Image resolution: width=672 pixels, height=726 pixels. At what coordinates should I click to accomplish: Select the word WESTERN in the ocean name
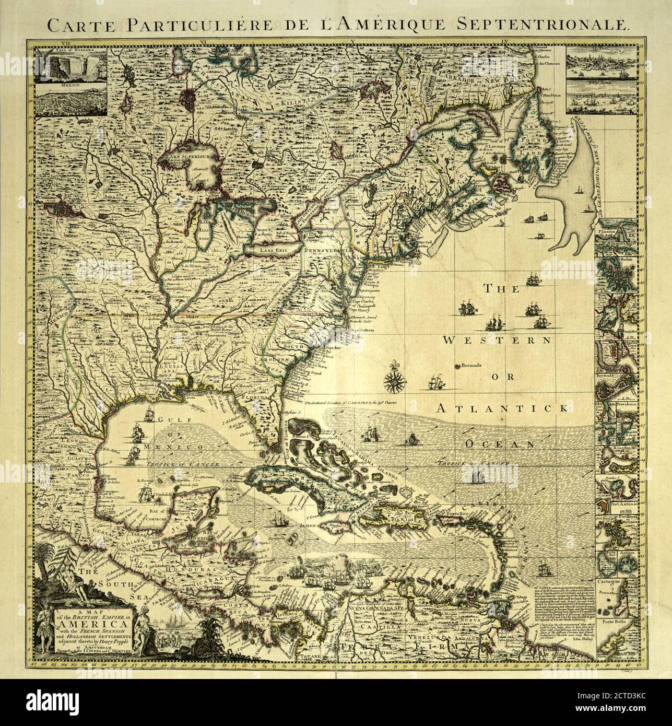pyautogui.click(x=498, y=340)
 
